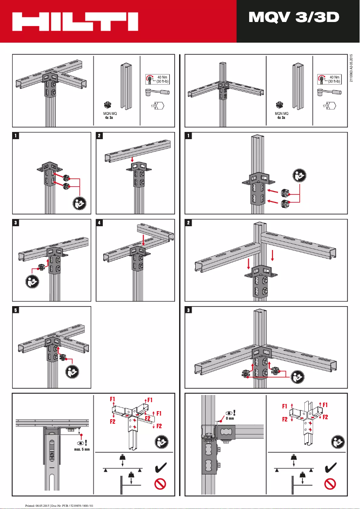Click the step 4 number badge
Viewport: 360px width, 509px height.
pyautogui.click(x=100, y=223)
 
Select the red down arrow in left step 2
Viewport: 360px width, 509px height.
pyautogui.click(x=131, y=160)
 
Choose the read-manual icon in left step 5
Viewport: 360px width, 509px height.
pyautogui.click(x=71, y=372)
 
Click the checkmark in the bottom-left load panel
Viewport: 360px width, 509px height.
pyautogui.click(x=160, y=469)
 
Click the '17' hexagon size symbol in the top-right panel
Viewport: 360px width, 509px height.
pyautogui.click(x=332, y=106)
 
